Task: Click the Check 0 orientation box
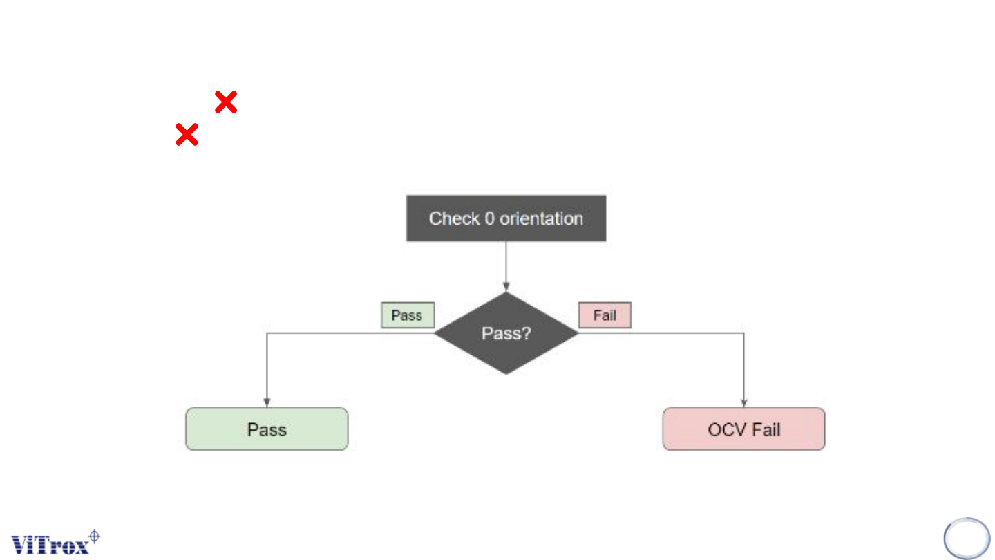coord(506,218)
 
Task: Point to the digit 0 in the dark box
coord(489,219)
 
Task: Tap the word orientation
coord(542,218)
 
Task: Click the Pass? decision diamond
coord(506,333)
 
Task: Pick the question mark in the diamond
coord(527,334)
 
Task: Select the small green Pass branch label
coord(407,315)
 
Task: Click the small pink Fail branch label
coord(605,315)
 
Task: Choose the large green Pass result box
coord(267,429)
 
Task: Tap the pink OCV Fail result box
coord(743,429)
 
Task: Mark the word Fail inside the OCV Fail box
coord(766,429)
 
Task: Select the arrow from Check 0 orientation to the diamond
coord(506,265)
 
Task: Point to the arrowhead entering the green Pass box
coord(267,403)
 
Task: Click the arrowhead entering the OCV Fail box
coord(744,403)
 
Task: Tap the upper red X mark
coord(226,102)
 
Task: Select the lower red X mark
coord(187,134)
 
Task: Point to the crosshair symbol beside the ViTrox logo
coord(95,536)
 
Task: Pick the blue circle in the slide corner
coord(967,539)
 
